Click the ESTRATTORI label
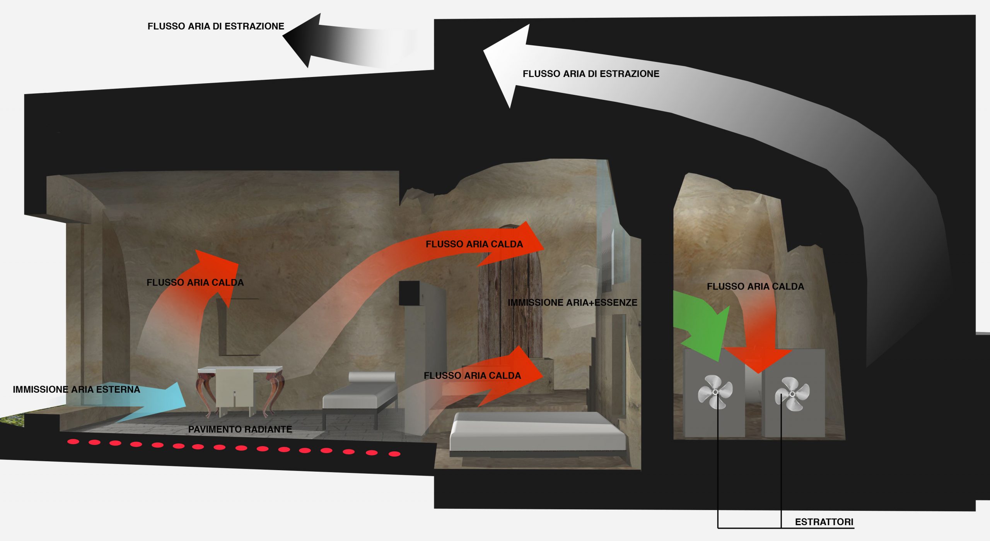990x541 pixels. tap(824, 522)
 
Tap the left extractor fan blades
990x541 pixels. tap(715, 392)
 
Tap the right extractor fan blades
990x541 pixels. tap(792, 394)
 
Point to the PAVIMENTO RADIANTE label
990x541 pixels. tap(240, 429)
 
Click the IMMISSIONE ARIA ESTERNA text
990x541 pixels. tap(76, 389)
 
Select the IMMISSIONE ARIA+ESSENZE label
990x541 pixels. tap(572, 303)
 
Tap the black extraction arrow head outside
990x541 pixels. tap(306, 39)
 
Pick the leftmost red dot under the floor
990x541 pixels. tap(73, 442)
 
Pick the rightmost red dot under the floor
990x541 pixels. tap(394, 454)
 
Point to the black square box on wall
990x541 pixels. tap(409, 293)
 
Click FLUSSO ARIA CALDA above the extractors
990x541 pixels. tap(755, 286)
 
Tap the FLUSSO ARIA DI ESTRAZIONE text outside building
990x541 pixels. tap(215, 26)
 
